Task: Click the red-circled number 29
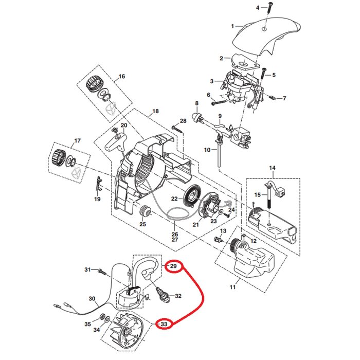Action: tap(173, 266)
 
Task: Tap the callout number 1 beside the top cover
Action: tap(232, 25)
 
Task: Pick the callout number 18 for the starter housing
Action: tap(155, 111)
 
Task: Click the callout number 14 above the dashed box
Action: tap(272, 168)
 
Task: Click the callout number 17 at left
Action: tap(78, 141)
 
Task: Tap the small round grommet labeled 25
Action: tap(145, 211)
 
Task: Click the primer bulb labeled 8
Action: tap(196, 117)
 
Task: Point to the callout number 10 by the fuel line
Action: tap(206, 150)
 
